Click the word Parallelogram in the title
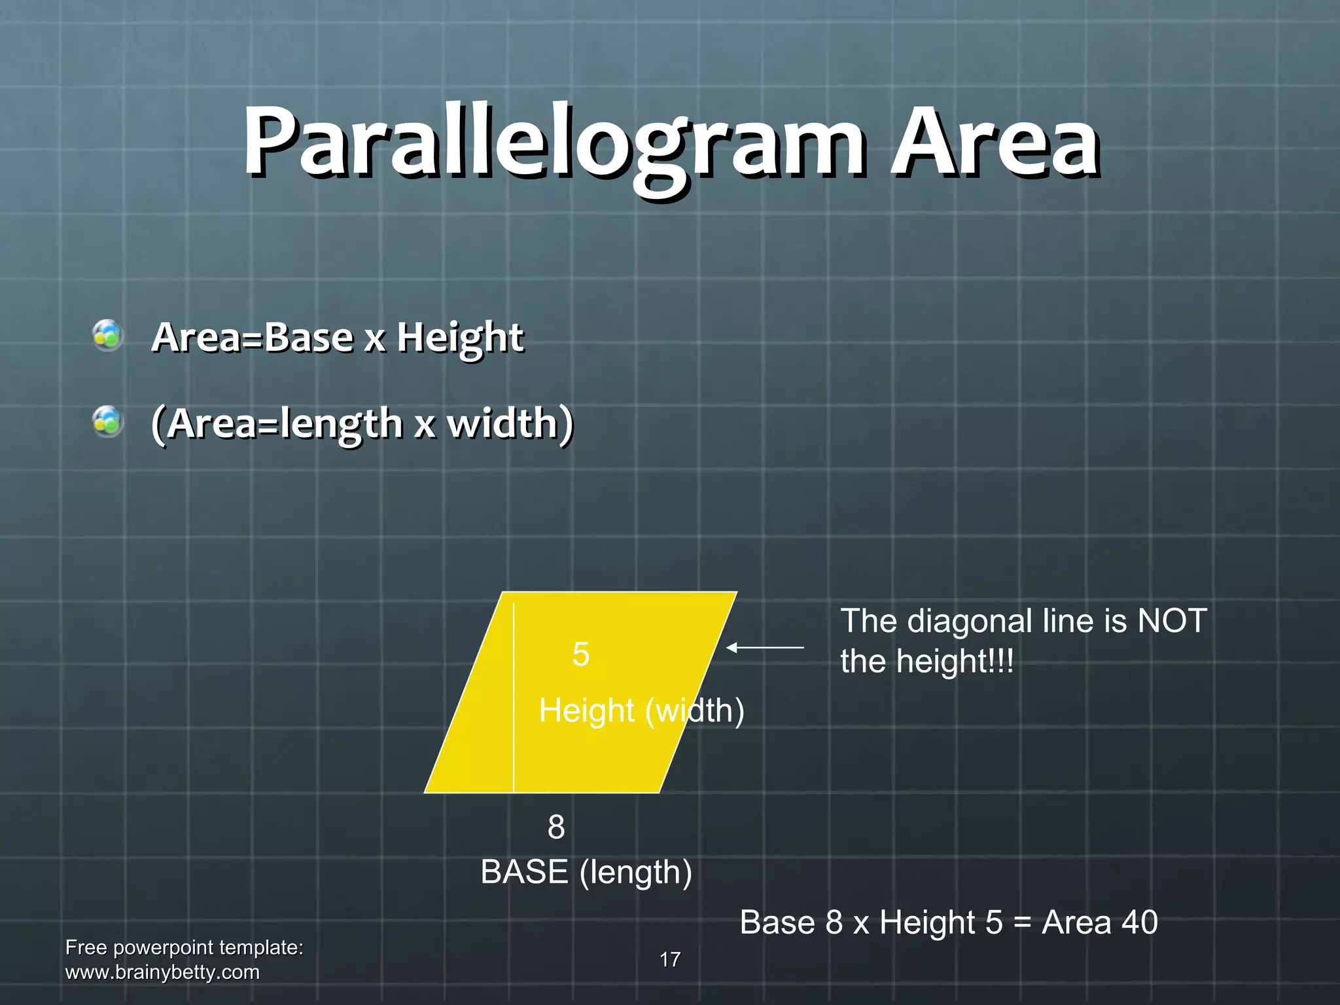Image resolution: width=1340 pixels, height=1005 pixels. click(x=553, y=143)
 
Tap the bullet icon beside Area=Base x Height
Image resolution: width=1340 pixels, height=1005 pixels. click(x=108, y=336)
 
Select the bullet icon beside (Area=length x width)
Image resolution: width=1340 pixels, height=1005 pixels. click(x=108, y=422)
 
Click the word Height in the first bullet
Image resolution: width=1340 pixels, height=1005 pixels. click(x=460, y=338)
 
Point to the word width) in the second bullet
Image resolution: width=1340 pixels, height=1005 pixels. click(x=510, y=423)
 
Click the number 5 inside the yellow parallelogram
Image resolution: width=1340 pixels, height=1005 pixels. click(x=581, y=654)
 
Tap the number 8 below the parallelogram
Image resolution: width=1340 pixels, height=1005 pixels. click(x=556, y=827)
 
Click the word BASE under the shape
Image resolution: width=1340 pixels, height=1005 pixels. click(x=525, y=872)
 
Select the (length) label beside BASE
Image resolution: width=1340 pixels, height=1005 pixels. click(x=635, y=873)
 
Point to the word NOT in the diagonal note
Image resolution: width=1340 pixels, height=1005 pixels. click(x=1172, y=621)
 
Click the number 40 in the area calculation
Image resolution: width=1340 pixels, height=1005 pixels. click(x=1139, y=923)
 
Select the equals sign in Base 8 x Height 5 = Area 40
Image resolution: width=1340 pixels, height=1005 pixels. click(x=1022, y=923)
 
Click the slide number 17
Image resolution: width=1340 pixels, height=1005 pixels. click(x=670, y=960)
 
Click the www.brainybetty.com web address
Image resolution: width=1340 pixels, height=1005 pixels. click(x=162, y=972)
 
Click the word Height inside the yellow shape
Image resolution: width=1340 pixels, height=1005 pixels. click(x=586, y=711)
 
